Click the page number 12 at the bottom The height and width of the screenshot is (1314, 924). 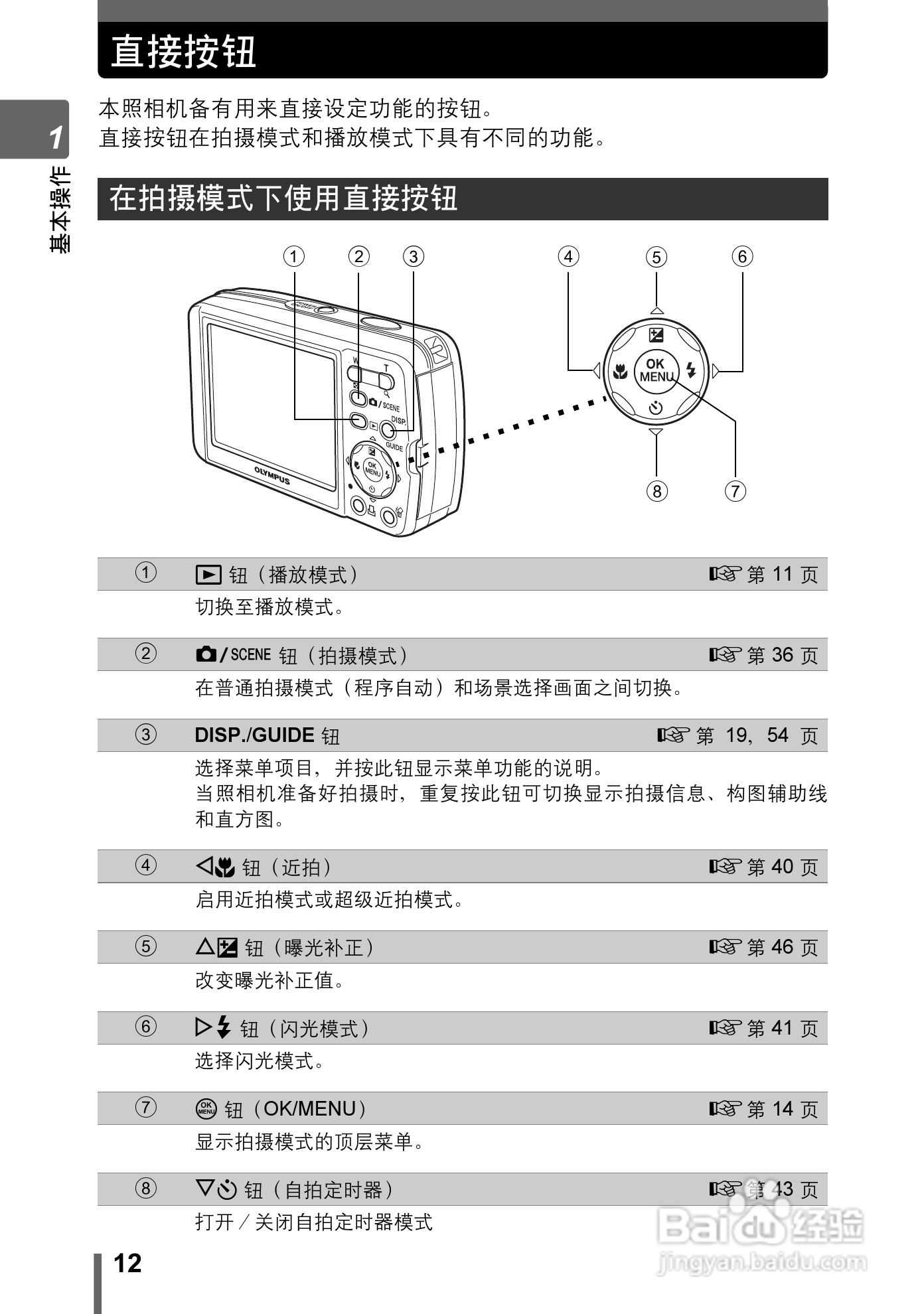point(127,1264)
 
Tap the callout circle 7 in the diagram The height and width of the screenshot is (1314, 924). point(735,491)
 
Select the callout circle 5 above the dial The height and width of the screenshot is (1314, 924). point(656,257)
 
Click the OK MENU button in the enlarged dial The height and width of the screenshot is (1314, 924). point(656,370)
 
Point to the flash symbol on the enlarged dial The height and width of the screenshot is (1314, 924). point(691,370)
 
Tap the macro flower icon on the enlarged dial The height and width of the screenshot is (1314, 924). point(620,371)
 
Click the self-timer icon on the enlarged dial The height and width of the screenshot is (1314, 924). point(656,408)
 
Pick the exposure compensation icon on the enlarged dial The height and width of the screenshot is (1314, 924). point(656,334)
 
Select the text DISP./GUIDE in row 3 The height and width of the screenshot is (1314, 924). point(254,735)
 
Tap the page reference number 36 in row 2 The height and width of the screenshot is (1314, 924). point(783,655)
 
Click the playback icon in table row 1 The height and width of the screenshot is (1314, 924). point(208,574)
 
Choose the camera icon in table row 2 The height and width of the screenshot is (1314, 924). point(206,654)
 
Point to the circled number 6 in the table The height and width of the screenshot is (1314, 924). point(146,1027)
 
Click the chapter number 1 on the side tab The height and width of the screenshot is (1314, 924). point(56,137)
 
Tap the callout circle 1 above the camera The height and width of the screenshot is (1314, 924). point(294,256)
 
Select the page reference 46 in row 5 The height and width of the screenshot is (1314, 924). point(783,947)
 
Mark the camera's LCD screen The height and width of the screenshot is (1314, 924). point(272,406)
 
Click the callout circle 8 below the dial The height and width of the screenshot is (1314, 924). point(656,491)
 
